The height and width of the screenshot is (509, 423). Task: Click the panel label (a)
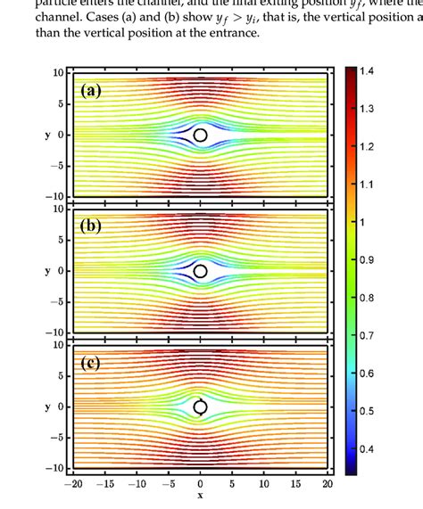(x=93, y=90)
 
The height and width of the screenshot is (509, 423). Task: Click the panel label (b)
(x=93, y=226)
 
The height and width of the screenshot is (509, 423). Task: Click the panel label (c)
(x=93, y=363)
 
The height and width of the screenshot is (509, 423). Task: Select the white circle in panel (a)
(x=200, y=135)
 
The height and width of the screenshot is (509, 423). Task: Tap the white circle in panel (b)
(x=200, y=271)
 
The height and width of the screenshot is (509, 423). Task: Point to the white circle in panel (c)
(x=200, y=407)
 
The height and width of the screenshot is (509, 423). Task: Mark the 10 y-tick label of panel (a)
(x=57, y=72)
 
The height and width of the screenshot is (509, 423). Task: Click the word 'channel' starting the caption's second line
(x=59, y=17)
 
